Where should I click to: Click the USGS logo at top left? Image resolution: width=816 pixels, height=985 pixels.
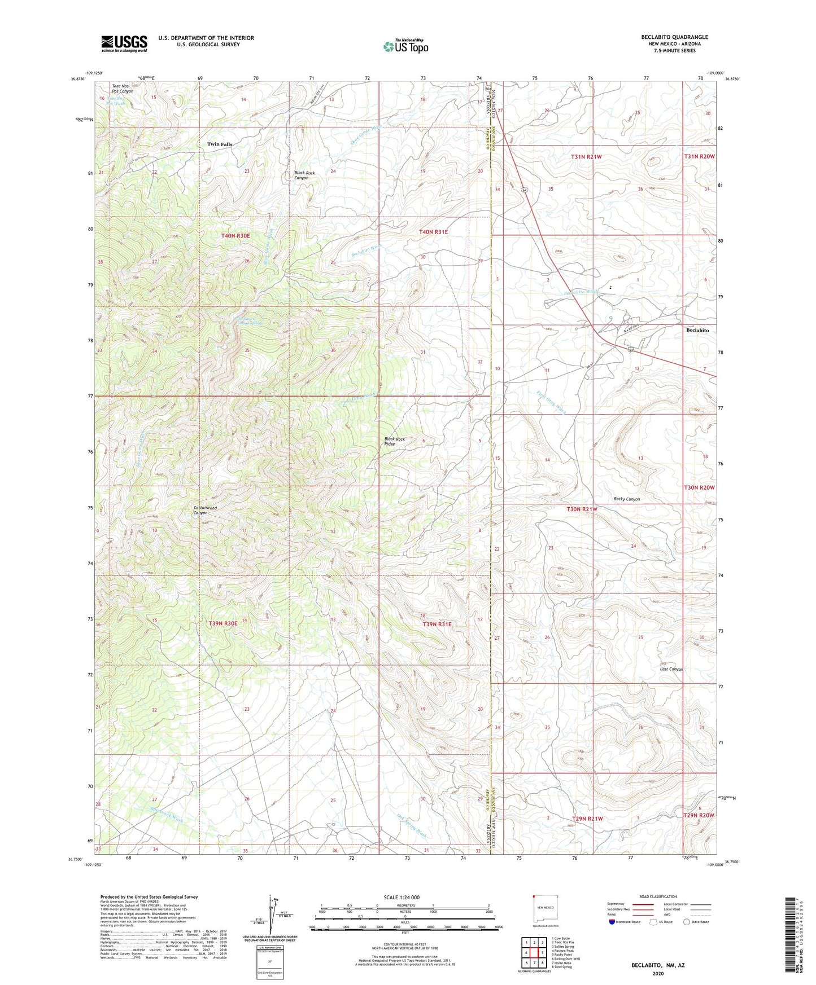[124, 43]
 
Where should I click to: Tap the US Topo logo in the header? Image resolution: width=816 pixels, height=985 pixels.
[405, 46]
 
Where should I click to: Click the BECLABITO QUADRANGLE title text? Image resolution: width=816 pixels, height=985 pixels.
[674, 37]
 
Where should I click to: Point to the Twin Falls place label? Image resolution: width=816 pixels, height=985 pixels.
[220, 144]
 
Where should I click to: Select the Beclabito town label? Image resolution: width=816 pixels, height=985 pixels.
[697, 330]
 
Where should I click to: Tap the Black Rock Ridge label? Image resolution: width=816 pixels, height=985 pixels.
[394, 441]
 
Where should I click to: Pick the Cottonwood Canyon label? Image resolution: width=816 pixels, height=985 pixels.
[205, 510]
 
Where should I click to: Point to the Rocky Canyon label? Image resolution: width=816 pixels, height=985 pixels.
[627, 499]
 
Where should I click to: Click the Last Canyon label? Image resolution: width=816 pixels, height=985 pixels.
[671, 669]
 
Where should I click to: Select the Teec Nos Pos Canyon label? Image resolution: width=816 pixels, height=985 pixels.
[123, 89]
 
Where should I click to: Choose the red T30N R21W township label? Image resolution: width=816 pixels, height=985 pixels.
[582, 509]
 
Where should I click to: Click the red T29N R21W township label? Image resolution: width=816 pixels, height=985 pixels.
[587, 818]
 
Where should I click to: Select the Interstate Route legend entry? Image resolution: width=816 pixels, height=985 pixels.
[624, 922]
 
